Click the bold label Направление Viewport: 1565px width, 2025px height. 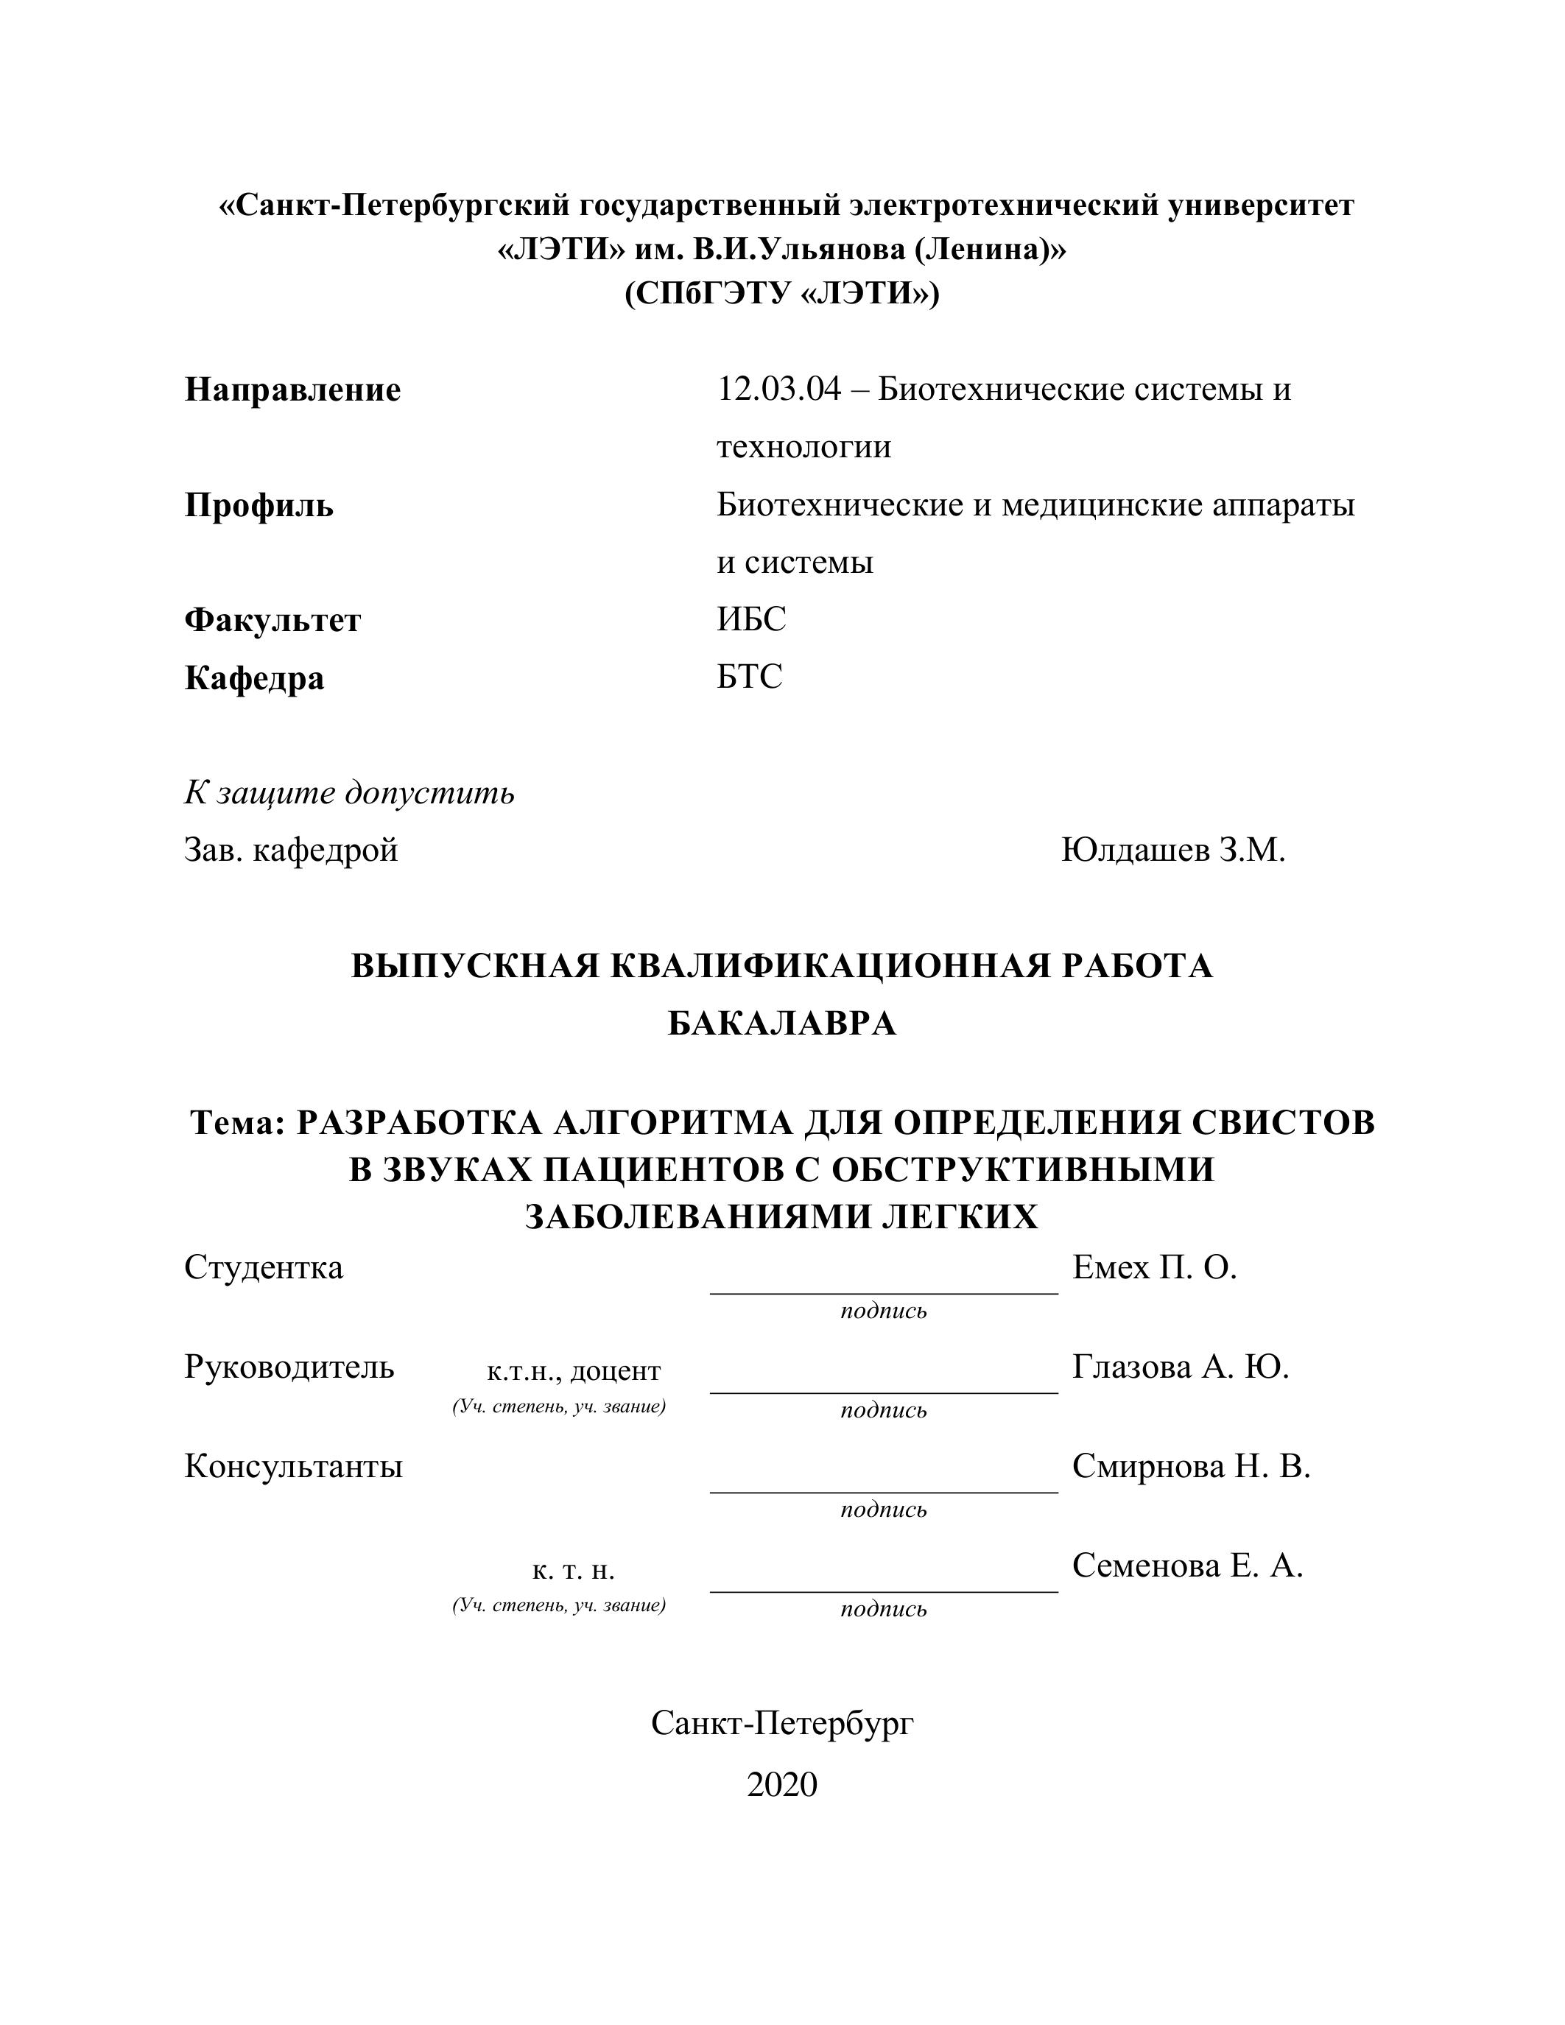point(292,390)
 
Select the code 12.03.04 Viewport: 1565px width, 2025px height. point(778,390)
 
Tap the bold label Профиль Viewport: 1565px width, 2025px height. point(259,507)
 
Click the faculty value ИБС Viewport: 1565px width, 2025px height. point(751,619)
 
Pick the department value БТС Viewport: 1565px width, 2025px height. point(749,677)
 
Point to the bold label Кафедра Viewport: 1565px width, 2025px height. point(254,679)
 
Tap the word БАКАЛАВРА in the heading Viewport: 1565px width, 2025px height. point(781,1024)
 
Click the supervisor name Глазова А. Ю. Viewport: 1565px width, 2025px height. point(1181,1367)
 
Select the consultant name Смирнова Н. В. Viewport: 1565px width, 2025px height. point(1190,1466)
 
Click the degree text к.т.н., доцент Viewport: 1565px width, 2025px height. point(573,1370)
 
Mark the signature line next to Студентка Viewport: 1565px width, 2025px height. point(884,1292)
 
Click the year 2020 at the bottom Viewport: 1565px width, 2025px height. point(781,1784)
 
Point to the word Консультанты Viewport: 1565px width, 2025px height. point(293,1467)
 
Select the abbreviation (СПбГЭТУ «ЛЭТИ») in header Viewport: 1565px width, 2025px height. point(781,294)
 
